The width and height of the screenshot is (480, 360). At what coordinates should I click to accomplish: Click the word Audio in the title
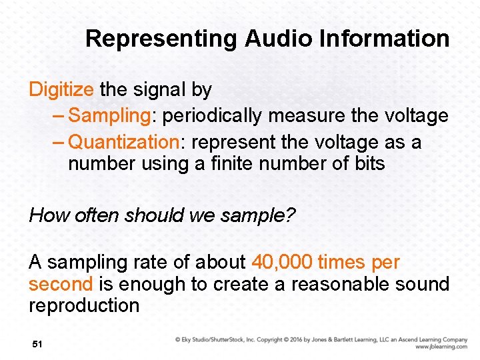coord(273,39)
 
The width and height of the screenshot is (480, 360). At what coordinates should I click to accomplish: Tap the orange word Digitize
coord(61,90)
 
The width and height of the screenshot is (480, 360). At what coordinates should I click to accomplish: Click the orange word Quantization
coord(123,143)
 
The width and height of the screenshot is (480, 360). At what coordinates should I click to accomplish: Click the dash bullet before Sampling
coord(58,116)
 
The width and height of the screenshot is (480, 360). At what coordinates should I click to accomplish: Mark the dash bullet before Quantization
coord(58,143)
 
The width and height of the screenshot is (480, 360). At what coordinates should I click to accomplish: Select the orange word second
coord(61,285)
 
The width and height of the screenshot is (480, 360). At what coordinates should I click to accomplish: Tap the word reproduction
coord(84,306)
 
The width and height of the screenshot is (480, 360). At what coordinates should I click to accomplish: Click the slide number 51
coord(37,344)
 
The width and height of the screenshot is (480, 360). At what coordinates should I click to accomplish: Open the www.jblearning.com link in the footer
coord(441,347)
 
